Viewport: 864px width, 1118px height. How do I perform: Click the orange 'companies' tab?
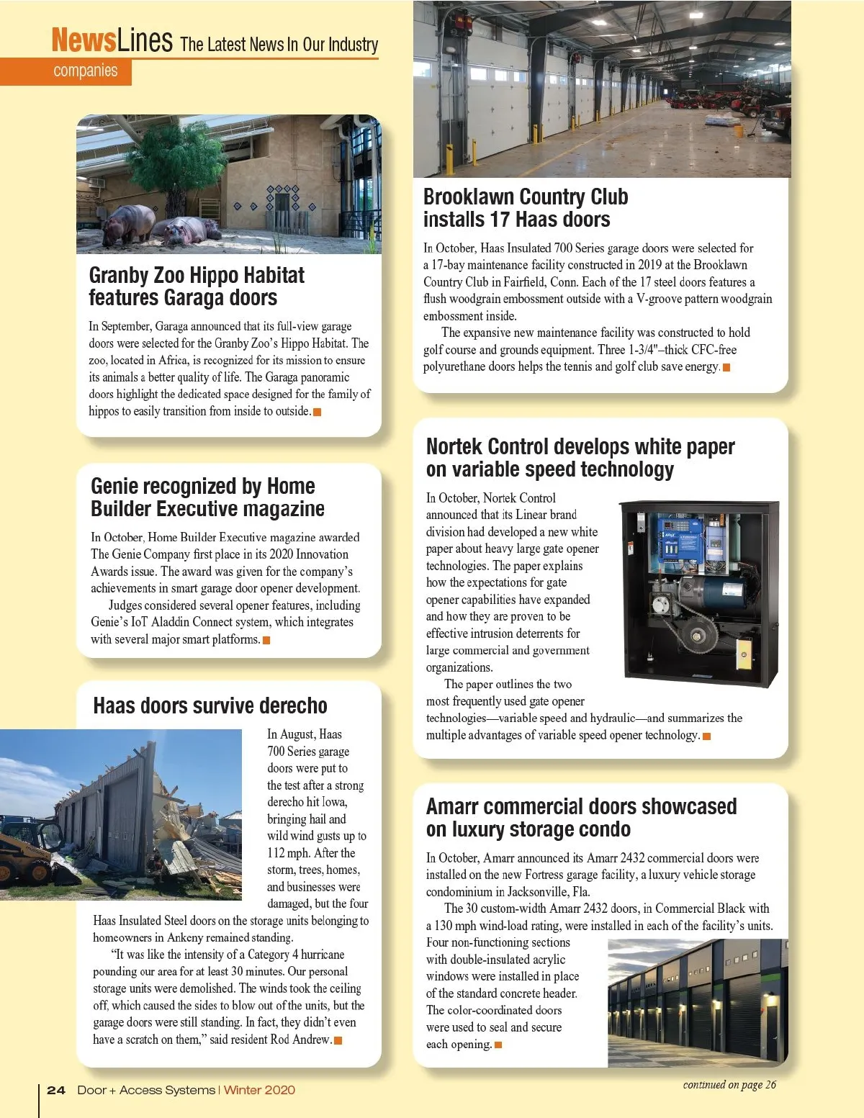[85, 71]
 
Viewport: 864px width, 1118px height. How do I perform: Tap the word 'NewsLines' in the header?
[112, 40]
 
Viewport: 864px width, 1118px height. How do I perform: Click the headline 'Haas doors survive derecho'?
[210, 705]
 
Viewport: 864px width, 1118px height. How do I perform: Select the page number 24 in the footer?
[56, 1090]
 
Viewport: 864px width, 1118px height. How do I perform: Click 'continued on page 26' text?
[729, 1085]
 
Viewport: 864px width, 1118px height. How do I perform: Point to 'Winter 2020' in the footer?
[259, 1090]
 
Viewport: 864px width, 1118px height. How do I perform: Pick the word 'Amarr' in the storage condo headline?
[451, 806]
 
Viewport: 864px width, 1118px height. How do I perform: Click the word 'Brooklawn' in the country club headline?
[468, 197]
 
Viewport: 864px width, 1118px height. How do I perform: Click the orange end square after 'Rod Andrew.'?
[338, 1040]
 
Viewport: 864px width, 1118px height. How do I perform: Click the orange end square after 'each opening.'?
[498, 1045]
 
